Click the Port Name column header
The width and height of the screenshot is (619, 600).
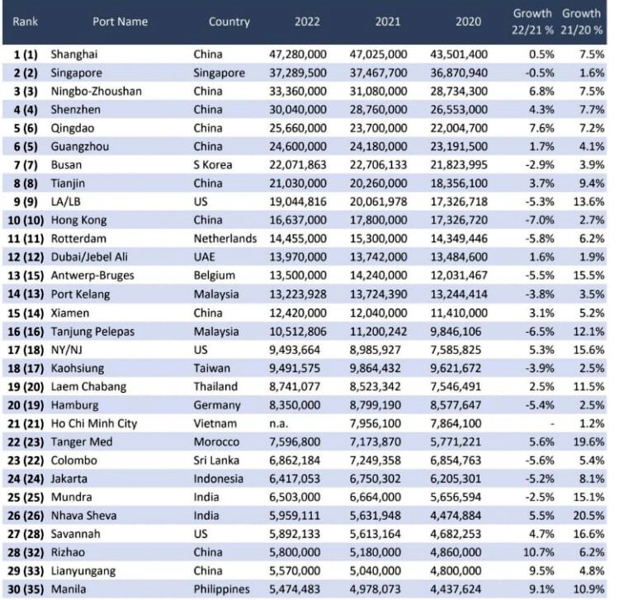[120, 21]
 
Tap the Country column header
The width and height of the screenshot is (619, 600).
[229, 21]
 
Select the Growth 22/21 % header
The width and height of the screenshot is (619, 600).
[532, 21]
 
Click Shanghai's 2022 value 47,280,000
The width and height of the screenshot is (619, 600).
[298, 54]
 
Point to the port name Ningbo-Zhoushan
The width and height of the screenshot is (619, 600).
[96, 92]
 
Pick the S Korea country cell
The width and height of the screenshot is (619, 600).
[212, 165]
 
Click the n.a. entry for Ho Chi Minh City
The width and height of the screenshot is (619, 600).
[278, 424]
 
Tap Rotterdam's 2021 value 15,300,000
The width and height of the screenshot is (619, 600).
[378, 239]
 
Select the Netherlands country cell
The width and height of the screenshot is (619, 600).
[225, 239]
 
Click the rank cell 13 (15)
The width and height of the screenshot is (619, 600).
[26, 276]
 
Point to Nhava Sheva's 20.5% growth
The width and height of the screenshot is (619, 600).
[588, 516]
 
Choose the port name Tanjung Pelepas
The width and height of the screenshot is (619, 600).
[92, 332]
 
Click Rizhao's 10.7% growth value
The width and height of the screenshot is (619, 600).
[538, 553]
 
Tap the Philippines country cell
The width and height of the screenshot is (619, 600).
[221, 590]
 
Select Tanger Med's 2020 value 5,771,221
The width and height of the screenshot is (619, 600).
[456, 442]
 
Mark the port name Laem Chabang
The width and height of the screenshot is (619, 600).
[88, 387]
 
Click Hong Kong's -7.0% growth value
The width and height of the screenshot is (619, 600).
[539, 220]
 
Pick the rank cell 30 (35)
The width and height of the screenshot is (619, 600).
[26, 590]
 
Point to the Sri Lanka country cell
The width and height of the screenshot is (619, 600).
[216, 461]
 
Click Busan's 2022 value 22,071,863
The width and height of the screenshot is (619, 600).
[298, 165]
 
